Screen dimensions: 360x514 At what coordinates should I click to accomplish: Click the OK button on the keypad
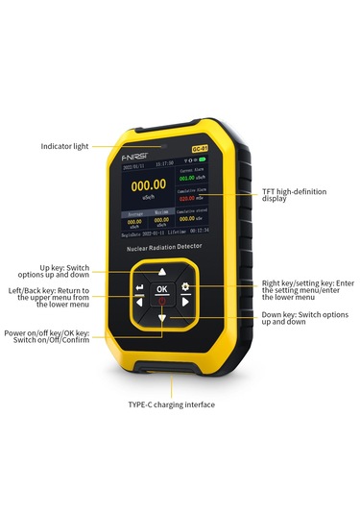tap(161, 288)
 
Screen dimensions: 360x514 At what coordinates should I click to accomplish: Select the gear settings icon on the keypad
tap(184, 287)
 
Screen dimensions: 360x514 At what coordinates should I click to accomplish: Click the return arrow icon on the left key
tap(139, 287)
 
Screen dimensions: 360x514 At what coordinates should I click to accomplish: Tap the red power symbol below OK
tap(161, 302)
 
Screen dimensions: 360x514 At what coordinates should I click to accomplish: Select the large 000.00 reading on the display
tap(149, 185)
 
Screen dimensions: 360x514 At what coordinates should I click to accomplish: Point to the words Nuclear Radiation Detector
tap(163, 247)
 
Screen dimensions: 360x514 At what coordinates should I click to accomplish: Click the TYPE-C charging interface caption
tap(172, 404)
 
